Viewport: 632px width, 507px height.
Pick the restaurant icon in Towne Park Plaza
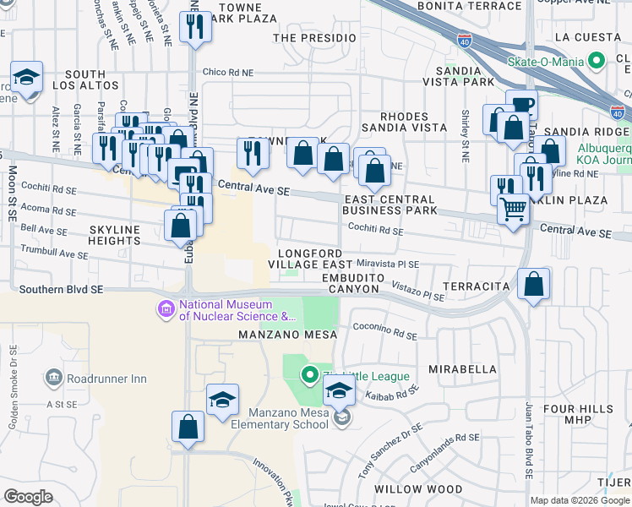pyautogui.click(x=195, y=30)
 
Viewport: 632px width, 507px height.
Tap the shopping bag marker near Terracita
pyautogui.click(x=533, y=286)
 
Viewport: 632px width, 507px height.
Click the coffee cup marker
pyautogui.click(x=522, y=106)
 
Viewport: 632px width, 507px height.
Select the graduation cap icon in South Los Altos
pyautogui.click(x=27, y=79)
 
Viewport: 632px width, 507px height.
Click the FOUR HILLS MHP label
pyautogui.click(x=579, y=415)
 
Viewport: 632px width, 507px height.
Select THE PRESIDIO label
pyautogui.click(x=309, y=38)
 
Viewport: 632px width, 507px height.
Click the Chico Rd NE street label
pyautogui.click(x=226, y=74)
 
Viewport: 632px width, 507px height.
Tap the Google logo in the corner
pyautogui.click(x=28, y=497)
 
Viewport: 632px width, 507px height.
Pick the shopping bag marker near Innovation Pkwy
pyautogui.click(x=188, y=428)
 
